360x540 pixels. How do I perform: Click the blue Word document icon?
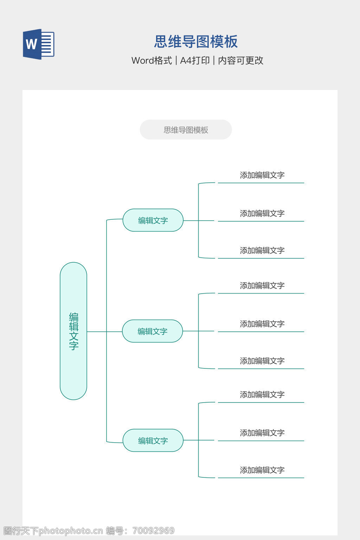(x=38, y=44)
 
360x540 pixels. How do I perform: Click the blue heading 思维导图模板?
(x=196, y=42)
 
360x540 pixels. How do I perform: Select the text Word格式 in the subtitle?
(x=152, y=60)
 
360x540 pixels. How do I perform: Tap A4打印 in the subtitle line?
(x=195, y=60)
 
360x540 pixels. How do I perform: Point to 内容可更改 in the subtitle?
(x=241, y=60)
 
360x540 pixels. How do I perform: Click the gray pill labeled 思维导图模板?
(x=186, y=130)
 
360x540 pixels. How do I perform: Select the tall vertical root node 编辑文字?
(x=73, y=331)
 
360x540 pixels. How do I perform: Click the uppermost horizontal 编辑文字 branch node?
(x=153, y=220)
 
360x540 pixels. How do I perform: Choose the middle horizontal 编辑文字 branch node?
(x=153, y=331)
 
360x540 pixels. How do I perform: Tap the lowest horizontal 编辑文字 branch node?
(x=153, y=441)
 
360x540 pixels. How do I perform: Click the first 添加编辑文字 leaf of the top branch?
(x=262, y=175)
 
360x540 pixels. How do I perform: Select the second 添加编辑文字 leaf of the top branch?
(x=262, y=213)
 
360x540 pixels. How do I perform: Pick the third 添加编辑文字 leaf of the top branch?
(x=262, y=250)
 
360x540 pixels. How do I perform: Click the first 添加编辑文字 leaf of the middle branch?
(x=262, y=285)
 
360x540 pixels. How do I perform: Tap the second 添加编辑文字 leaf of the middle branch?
(x=262, y=324)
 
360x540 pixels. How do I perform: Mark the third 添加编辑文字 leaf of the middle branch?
(x=262, y=361)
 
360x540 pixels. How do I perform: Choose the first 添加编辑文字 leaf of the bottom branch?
(x=262, y=394)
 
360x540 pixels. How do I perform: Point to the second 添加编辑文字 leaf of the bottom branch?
(x=262, y=433)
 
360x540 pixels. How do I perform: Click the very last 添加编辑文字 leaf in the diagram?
(x=262, y=470)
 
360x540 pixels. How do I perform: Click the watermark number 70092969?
(x=153, y=531)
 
